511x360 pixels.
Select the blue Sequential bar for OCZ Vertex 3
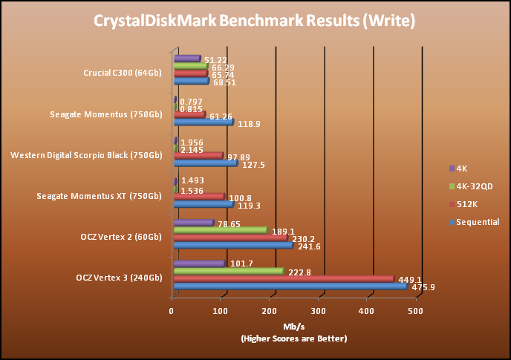[290, 286]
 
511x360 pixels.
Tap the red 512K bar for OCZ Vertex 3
[282, 278]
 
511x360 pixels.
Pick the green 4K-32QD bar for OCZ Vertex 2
[220, 230]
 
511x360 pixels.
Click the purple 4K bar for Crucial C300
[186, 58]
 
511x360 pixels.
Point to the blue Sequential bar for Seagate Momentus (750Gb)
[203, 122]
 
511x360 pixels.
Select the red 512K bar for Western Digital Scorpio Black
[198, 155]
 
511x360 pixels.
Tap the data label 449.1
[408, 279]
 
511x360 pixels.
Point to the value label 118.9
[247, 123]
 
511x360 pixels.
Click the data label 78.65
[229, 223]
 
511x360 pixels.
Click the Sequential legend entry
[476, 221]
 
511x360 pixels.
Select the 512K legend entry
[466, 203]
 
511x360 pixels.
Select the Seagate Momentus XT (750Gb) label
[100, 196]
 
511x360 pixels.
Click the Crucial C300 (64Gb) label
[123, 73]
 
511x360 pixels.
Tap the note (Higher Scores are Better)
[293, 338]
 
